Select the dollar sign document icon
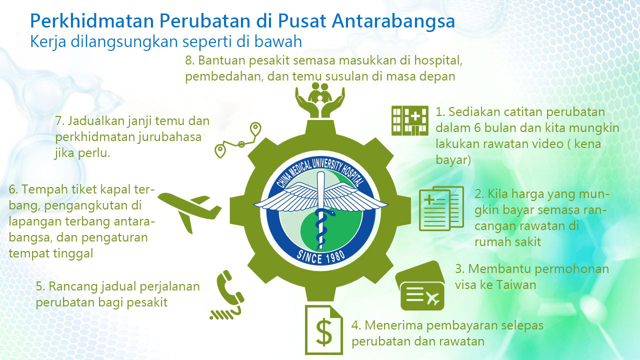[324, 330]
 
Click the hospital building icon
[409, 120]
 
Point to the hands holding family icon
[320, 100]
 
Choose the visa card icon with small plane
[420, 285]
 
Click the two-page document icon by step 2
[441, 208]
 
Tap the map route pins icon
[237, 140]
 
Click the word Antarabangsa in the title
[393, 21]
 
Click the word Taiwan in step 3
[516, 285]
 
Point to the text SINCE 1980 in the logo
[320, 256]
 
